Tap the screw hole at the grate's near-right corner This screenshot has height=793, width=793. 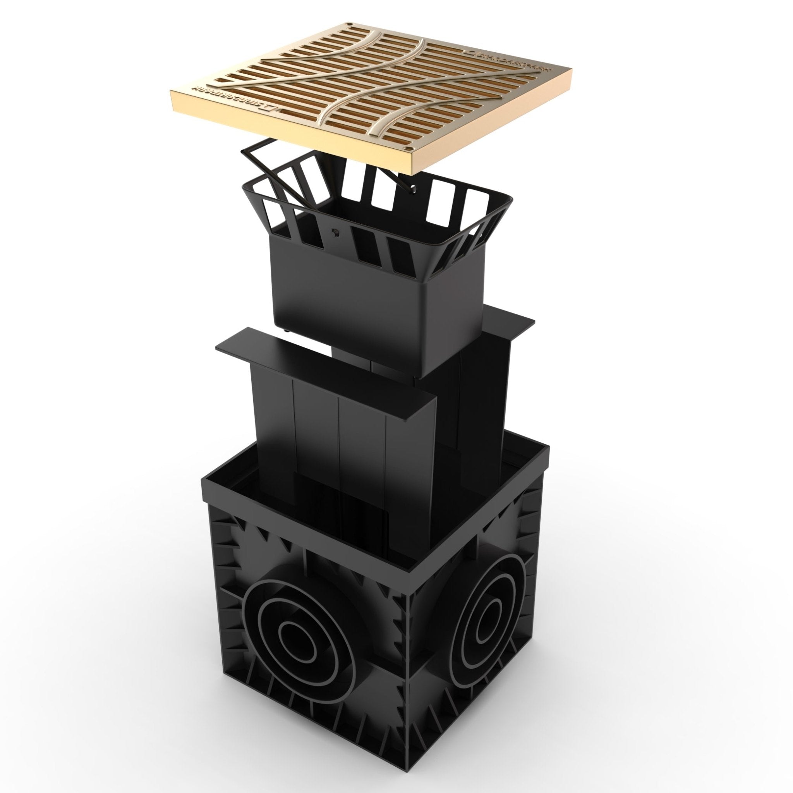tap(407, 148)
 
